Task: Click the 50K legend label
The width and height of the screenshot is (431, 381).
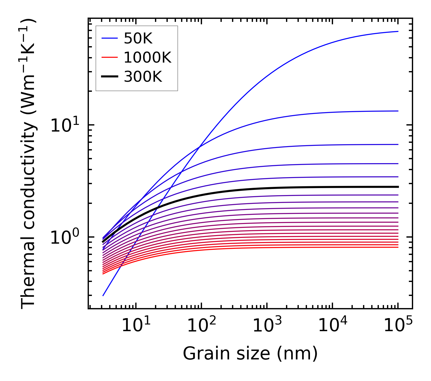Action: click(x=138, y=39)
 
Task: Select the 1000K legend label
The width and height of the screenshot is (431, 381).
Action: click(x=147, y=57)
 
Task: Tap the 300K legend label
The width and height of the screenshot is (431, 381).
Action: click(x=143, y=77)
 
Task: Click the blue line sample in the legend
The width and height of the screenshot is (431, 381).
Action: click(x=109, y=38)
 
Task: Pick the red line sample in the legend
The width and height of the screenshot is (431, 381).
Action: click(x=109, y=57)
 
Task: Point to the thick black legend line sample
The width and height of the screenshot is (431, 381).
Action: click(x=109, y=77)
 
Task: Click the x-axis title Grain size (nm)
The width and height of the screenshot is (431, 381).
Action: click(x=250, y=354)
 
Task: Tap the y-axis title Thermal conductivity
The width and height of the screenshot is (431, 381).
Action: click(x=29, y=164)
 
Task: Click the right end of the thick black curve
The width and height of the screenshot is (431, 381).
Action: click(x=398, y=187)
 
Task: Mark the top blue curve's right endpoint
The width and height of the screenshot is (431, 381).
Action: click(x=398, y=31)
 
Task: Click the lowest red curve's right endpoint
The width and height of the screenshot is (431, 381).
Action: click(x=398, y=247)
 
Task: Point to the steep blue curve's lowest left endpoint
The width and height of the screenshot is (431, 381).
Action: click(x=103, y=296)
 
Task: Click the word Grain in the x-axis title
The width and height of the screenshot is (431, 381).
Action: click(x=201, y=354)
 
